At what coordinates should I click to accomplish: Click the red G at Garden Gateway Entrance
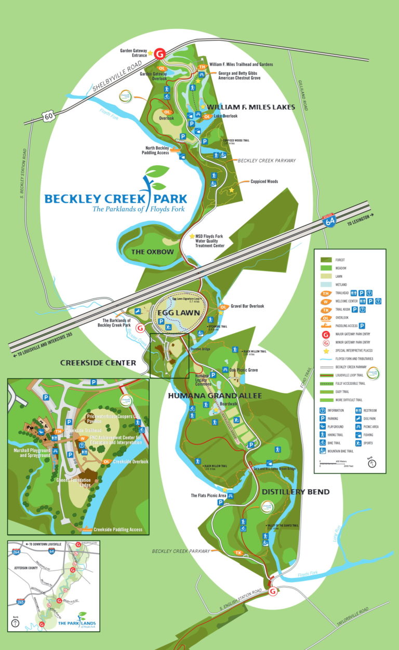tap(160, 53)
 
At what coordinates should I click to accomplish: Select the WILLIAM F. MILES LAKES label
tap(251, 107)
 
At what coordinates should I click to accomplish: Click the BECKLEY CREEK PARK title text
tap(115, 198)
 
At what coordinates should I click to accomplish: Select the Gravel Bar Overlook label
tap(247, 306)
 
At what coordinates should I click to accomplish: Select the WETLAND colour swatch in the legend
tap(327, 285)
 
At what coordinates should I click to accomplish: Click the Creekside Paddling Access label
tap(118, 530)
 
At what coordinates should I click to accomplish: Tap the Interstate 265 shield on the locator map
tap(21, 602)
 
